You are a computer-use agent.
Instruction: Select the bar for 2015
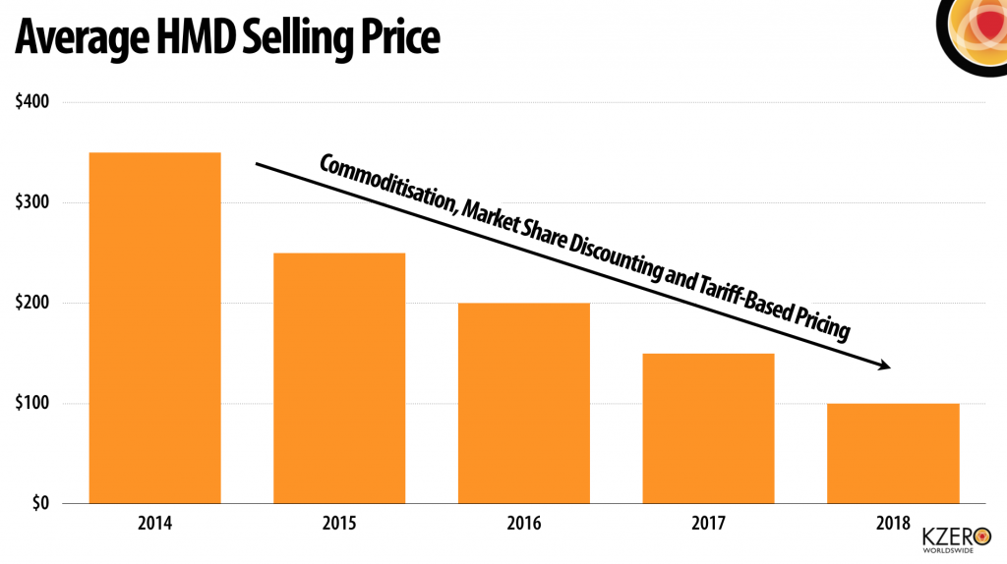[339, 378]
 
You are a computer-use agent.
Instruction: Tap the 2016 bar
[524, 403]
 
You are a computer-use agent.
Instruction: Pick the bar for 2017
[708, 428]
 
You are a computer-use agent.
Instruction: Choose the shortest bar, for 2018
[893, 453]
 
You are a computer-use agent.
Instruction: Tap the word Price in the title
[392, 37]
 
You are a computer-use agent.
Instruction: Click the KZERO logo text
[948, 536]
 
